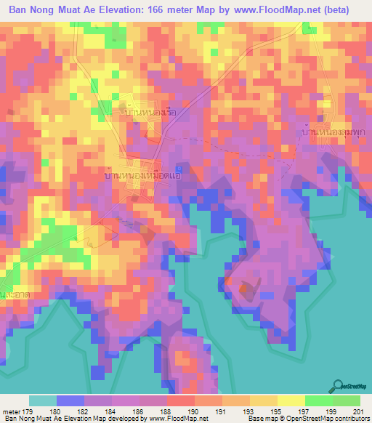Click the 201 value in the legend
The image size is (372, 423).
click(x=355, y=411)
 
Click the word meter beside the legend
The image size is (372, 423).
click(x=12, y=411)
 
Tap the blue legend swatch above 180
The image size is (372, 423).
click(x=70, y=400)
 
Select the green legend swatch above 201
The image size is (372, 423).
click(x=347, y=400)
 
